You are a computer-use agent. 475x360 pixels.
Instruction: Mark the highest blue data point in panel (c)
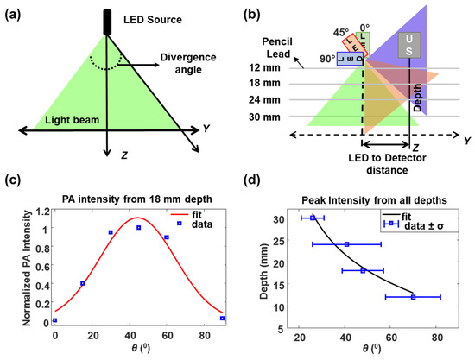[x=137, y=227]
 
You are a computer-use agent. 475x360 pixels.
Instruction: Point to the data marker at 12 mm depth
[x=413, y=297]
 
